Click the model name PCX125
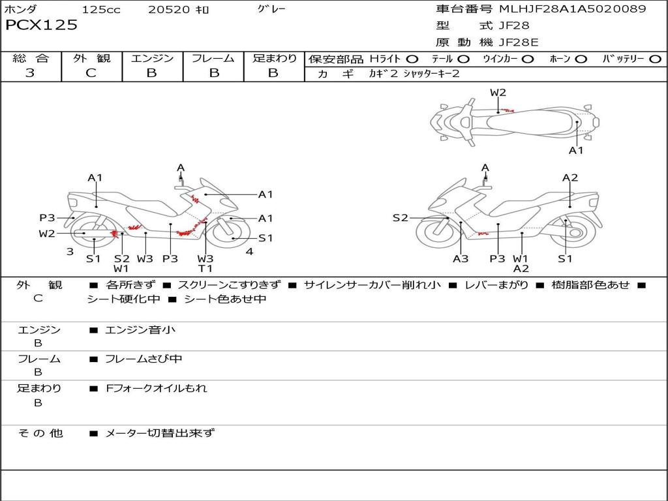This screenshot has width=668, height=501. click(41, 25)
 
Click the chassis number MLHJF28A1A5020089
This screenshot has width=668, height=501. click(572, 9)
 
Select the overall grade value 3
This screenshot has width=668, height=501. click(30, 73)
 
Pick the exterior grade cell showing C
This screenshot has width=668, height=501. click(91, 73)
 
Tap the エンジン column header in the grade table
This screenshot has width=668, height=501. click(152, 58)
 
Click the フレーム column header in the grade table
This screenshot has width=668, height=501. click(213, 58)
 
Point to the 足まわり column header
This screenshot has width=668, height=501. click(274, 58)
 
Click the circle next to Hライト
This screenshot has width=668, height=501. click(412, 59)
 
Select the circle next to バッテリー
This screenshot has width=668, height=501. click(655, 59)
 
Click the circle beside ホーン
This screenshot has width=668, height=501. click(581, 59)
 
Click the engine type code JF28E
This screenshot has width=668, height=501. click(519, 42)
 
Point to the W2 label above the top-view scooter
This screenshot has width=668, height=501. click(498, 93)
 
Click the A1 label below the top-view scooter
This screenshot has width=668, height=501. click(576, 151)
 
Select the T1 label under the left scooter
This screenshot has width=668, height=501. click(205, 268)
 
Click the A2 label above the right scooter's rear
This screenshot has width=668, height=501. click(570, 177)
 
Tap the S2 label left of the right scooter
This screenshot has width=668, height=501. click(400, 218)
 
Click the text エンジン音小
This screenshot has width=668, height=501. click(140, 330)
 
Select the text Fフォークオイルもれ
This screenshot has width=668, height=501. click(157, 388)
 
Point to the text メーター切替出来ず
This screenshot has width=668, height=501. click(160, 433)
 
